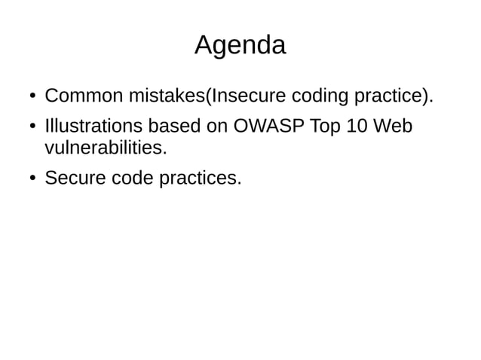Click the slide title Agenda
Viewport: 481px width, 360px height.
point(240,46)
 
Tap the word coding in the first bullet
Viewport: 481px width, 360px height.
point(318,97)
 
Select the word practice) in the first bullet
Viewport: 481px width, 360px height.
point(393,97)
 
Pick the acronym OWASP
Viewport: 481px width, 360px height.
point(265,126)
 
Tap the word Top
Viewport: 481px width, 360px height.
point(325,126)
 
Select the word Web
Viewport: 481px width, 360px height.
point(394,126)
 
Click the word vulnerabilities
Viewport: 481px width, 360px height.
point(105,147)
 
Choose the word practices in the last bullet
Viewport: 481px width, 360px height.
point(201,178)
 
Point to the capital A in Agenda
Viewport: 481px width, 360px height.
point(203,46)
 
